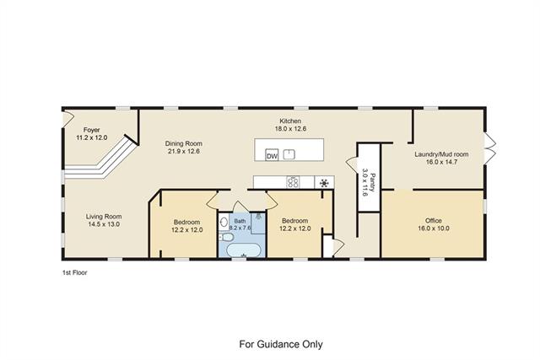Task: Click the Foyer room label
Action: (x=92, y=130)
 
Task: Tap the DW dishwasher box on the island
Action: (x=272, y=156)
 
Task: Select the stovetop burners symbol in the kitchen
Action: (x=293, y=182)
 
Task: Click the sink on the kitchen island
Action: (x=289, y=154)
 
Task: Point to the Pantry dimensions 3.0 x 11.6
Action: (x=365, y=182)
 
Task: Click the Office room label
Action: (x=433, y=221)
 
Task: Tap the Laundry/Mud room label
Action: (x=441, y=154)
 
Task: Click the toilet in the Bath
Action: (x=227, y=238)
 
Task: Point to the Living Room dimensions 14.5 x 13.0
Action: (x=104, y=224)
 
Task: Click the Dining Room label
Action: (x=184, y=143)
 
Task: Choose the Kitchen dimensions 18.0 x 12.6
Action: (x=290, y=129)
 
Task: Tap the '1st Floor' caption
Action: (x=75, y=272)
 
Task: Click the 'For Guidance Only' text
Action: (x=281, y=344)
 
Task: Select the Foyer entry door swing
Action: (x=68, y=118)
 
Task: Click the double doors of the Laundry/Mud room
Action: (x=490, y=148)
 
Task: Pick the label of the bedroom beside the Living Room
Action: (x=186, y=222)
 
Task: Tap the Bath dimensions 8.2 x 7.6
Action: (x=240, y=228)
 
